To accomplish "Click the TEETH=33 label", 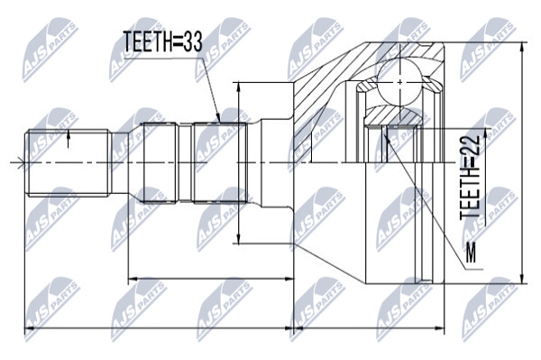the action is tap(162, 42).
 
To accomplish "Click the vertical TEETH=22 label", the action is tap(470, 176).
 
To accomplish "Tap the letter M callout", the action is tap(471, 253).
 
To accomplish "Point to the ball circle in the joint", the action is tap(399, 82).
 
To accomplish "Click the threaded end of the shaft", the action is tap(68, 162).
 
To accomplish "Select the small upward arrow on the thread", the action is tap(68, 139).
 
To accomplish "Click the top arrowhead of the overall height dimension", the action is tap(522, 48).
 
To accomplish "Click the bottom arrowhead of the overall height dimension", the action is tap(522, 278).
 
